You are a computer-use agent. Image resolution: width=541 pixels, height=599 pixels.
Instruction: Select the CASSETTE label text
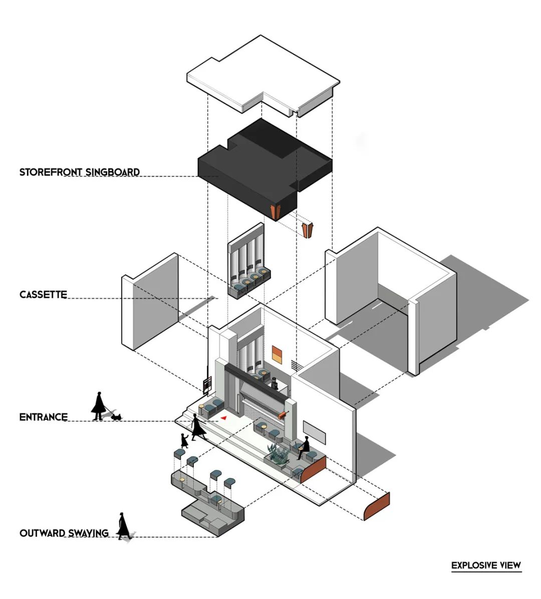(x=43, y=295)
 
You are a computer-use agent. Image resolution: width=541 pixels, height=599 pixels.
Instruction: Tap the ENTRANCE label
(x=43, y=417)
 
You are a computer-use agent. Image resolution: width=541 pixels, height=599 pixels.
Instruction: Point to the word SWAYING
(x=88, y=533)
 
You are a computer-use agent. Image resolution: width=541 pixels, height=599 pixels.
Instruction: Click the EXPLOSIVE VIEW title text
(x=486, y=565)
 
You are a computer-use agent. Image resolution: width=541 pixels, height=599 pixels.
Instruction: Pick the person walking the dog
(x=98, y=406)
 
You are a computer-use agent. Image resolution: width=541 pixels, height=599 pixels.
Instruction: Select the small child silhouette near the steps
(x=184, y=440)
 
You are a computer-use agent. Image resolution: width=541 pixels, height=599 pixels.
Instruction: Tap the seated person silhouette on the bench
(x=304, y=447)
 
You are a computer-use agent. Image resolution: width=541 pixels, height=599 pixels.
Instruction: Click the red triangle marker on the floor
(x=224, y=418)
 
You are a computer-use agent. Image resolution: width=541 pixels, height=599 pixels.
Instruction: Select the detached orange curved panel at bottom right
(x=377, y=506)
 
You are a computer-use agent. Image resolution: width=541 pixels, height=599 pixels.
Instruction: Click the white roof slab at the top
(x=263, y=75)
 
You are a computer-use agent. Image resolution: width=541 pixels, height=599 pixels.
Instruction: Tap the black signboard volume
(x=265, y=169)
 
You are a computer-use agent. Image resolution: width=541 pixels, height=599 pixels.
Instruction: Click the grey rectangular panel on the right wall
(x=315, y=432)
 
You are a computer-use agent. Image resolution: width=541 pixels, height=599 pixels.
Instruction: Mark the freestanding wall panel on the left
(x=150, y=302)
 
